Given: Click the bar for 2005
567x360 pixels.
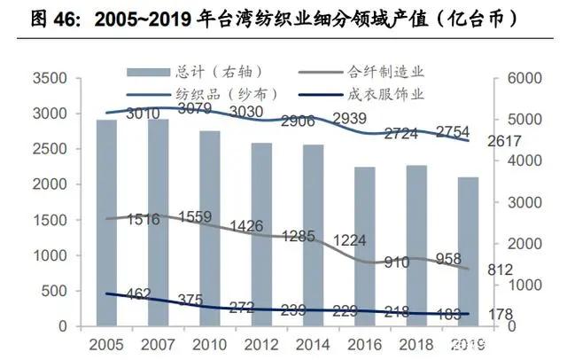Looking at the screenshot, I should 105,223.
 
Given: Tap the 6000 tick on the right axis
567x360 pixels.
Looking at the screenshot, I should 525,79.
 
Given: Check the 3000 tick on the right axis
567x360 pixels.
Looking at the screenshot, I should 525,202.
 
